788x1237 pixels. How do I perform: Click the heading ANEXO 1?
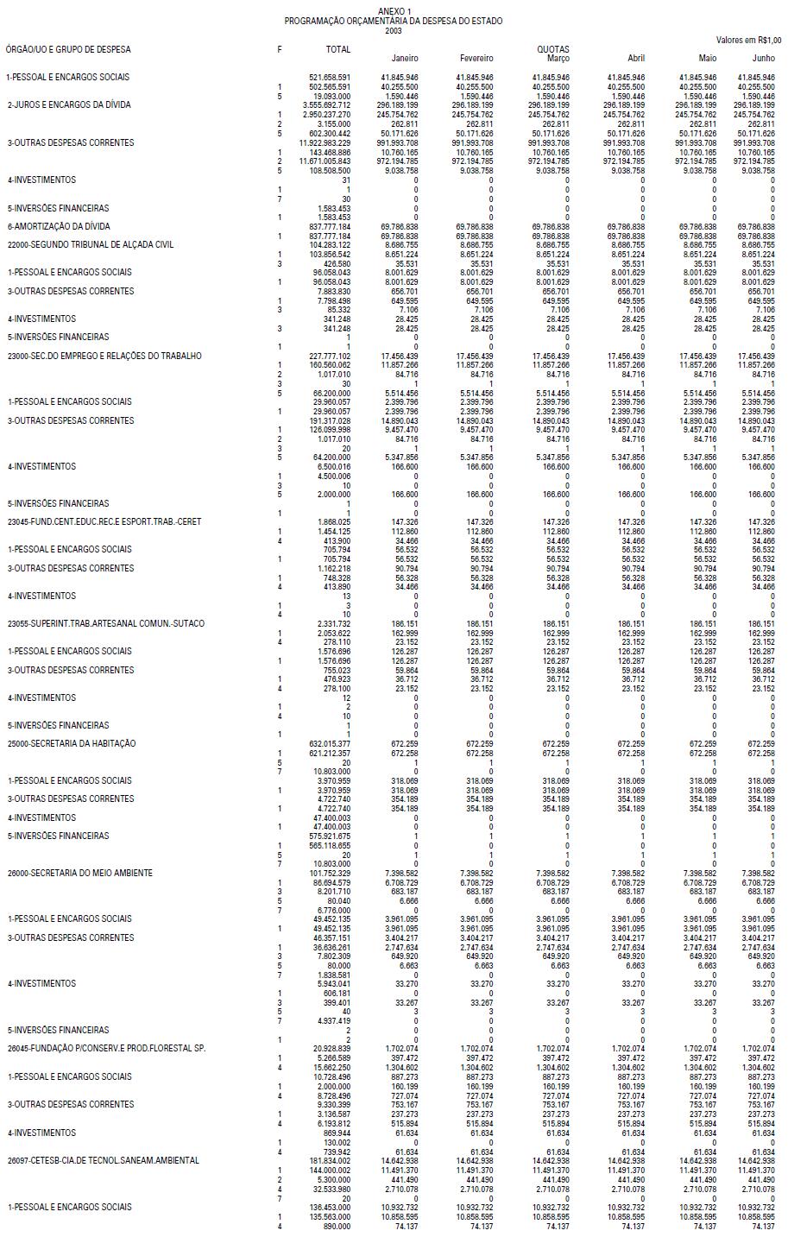tap(394, 10)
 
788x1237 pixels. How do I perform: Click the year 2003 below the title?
tap(394, 30)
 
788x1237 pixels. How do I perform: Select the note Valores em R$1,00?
tap(748, 40)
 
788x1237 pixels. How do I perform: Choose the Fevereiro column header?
tap(476, 59)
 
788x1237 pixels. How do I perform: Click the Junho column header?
tap(763, 59)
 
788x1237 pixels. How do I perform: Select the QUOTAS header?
tap(553, 50)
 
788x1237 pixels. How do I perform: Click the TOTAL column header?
tap(337, 50)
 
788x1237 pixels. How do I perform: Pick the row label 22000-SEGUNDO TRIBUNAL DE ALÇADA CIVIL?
tap(91, 244)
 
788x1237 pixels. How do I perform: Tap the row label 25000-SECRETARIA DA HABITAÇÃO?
tap(72, 743)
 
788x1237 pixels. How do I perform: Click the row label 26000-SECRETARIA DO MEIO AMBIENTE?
tap(80, 873)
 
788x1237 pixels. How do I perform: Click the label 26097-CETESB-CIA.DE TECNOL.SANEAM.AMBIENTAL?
tap(103, 1160)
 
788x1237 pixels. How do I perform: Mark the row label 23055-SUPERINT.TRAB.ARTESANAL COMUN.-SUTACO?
tap(106, 623)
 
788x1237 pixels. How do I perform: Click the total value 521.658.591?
tap(330, 78)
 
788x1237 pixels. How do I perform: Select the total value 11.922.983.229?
tap(325, 142)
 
